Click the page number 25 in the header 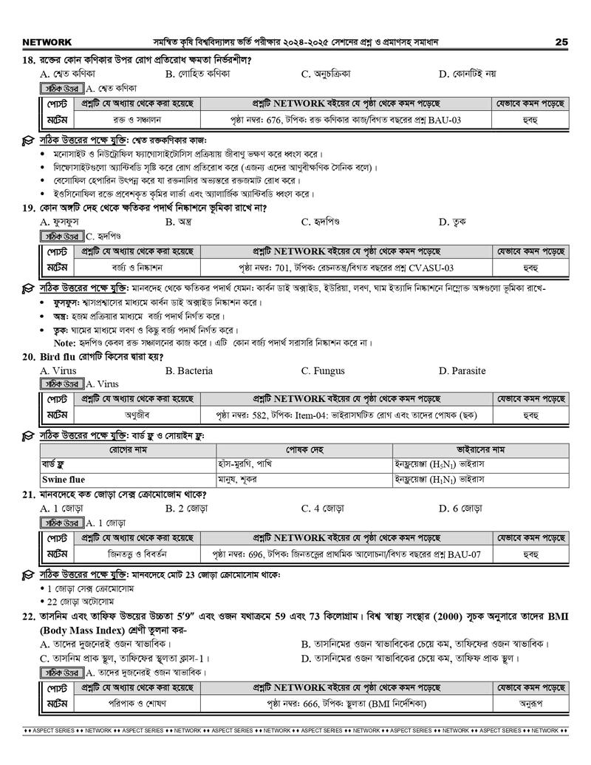(x=561, y=42)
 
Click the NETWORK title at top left (x=47, y=42)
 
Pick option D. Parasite (x=462, y=370)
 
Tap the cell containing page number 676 (x=345, y=119)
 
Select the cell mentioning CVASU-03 (x=345, y=267)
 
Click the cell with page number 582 (x=345, y=416)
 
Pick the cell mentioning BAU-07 (x=345, y=554)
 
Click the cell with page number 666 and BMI (x=345, y=704)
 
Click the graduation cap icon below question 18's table (x=27, y=140)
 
